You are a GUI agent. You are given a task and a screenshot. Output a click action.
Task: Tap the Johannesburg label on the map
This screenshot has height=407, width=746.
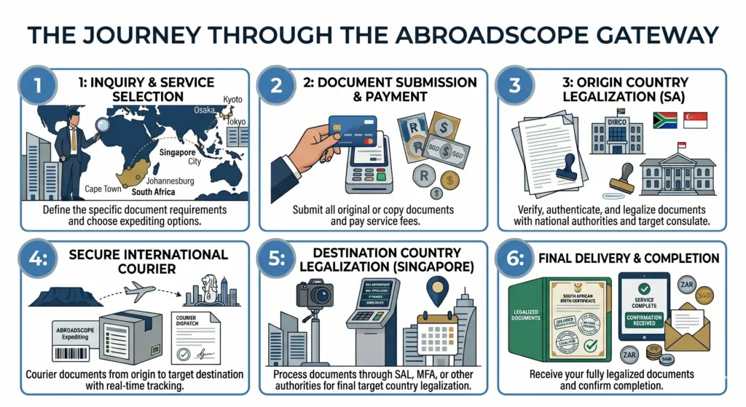170,181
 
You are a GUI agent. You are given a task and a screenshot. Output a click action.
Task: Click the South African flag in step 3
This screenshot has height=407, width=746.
665,121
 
